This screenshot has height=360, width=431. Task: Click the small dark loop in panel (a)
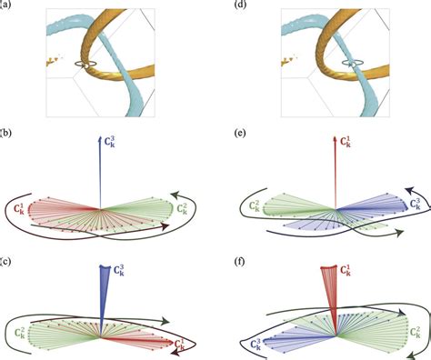pyautogui.click(x=85, y=65)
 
